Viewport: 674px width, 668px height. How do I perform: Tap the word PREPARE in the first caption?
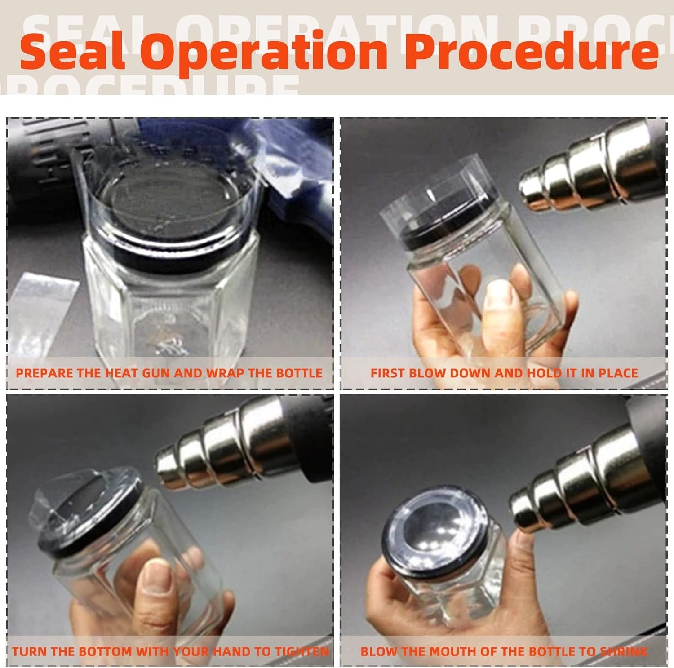(x=43, y=373)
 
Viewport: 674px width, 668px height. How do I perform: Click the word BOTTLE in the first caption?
(x=300, y=373)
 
